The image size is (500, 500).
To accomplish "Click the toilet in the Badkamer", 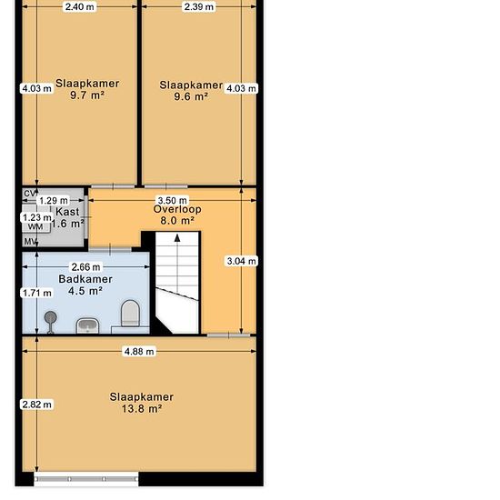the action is tap(130, 314).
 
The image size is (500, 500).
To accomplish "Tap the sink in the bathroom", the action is tap(87, 325).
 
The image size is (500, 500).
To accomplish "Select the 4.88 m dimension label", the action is tap(139, 352).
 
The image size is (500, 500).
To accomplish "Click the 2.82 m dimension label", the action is tap(36, 405).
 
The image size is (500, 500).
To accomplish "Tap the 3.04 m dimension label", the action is tap(242, 261).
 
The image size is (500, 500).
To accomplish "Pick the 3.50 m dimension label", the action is tap(173, 201).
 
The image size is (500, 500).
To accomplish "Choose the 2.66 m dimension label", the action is tap(85, 266).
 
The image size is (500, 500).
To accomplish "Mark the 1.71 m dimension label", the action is tap(37, 293).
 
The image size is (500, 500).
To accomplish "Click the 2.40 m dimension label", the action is tap(79, 6).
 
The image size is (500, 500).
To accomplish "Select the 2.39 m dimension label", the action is tap(199, 6).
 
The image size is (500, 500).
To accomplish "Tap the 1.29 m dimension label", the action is tap(54, 201).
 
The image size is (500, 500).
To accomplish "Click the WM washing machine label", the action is tap(35, 226).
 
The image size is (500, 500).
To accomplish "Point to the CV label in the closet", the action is tap(31, 194).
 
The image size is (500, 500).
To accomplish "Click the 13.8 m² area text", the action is tap(142, 408).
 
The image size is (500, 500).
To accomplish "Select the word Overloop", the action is tap(177, 209).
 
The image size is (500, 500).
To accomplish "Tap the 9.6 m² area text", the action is tap(191, 96).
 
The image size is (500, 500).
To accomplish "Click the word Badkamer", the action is tap(85, 279).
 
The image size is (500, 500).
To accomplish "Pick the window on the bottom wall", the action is tap(86, 479).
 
